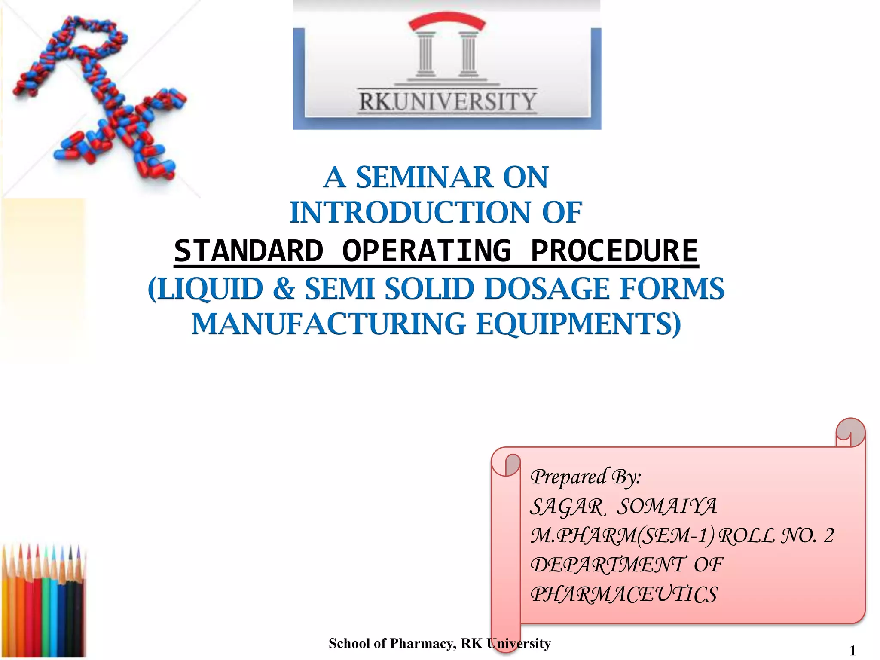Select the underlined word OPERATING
click(x=427, y=251)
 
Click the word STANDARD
click(x=248, y=251)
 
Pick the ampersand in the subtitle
click(x=284, y=288)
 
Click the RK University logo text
click(x=447, y=102)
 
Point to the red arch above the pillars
click(x=447, y=21)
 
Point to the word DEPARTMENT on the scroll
click(x=607, y=565)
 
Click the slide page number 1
click(x=853, y=651)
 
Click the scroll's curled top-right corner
click(x=850, y=432)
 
